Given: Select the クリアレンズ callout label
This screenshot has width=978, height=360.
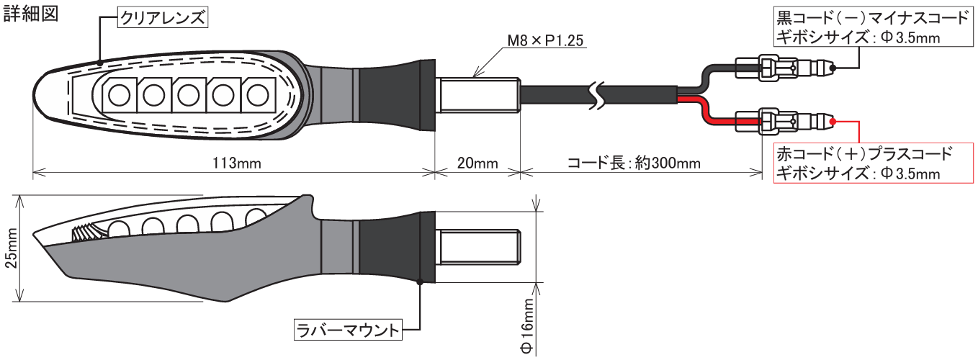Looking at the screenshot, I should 163,19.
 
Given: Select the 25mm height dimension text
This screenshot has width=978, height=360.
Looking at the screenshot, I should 10,248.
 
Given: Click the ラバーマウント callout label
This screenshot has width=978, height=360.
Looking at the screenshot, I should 347,330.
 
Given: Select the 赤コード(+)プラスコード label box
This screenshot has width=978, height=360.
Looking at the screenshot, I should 865,163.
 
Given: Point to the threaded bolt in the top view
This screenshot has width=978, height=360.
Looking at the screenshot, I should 479,94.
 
